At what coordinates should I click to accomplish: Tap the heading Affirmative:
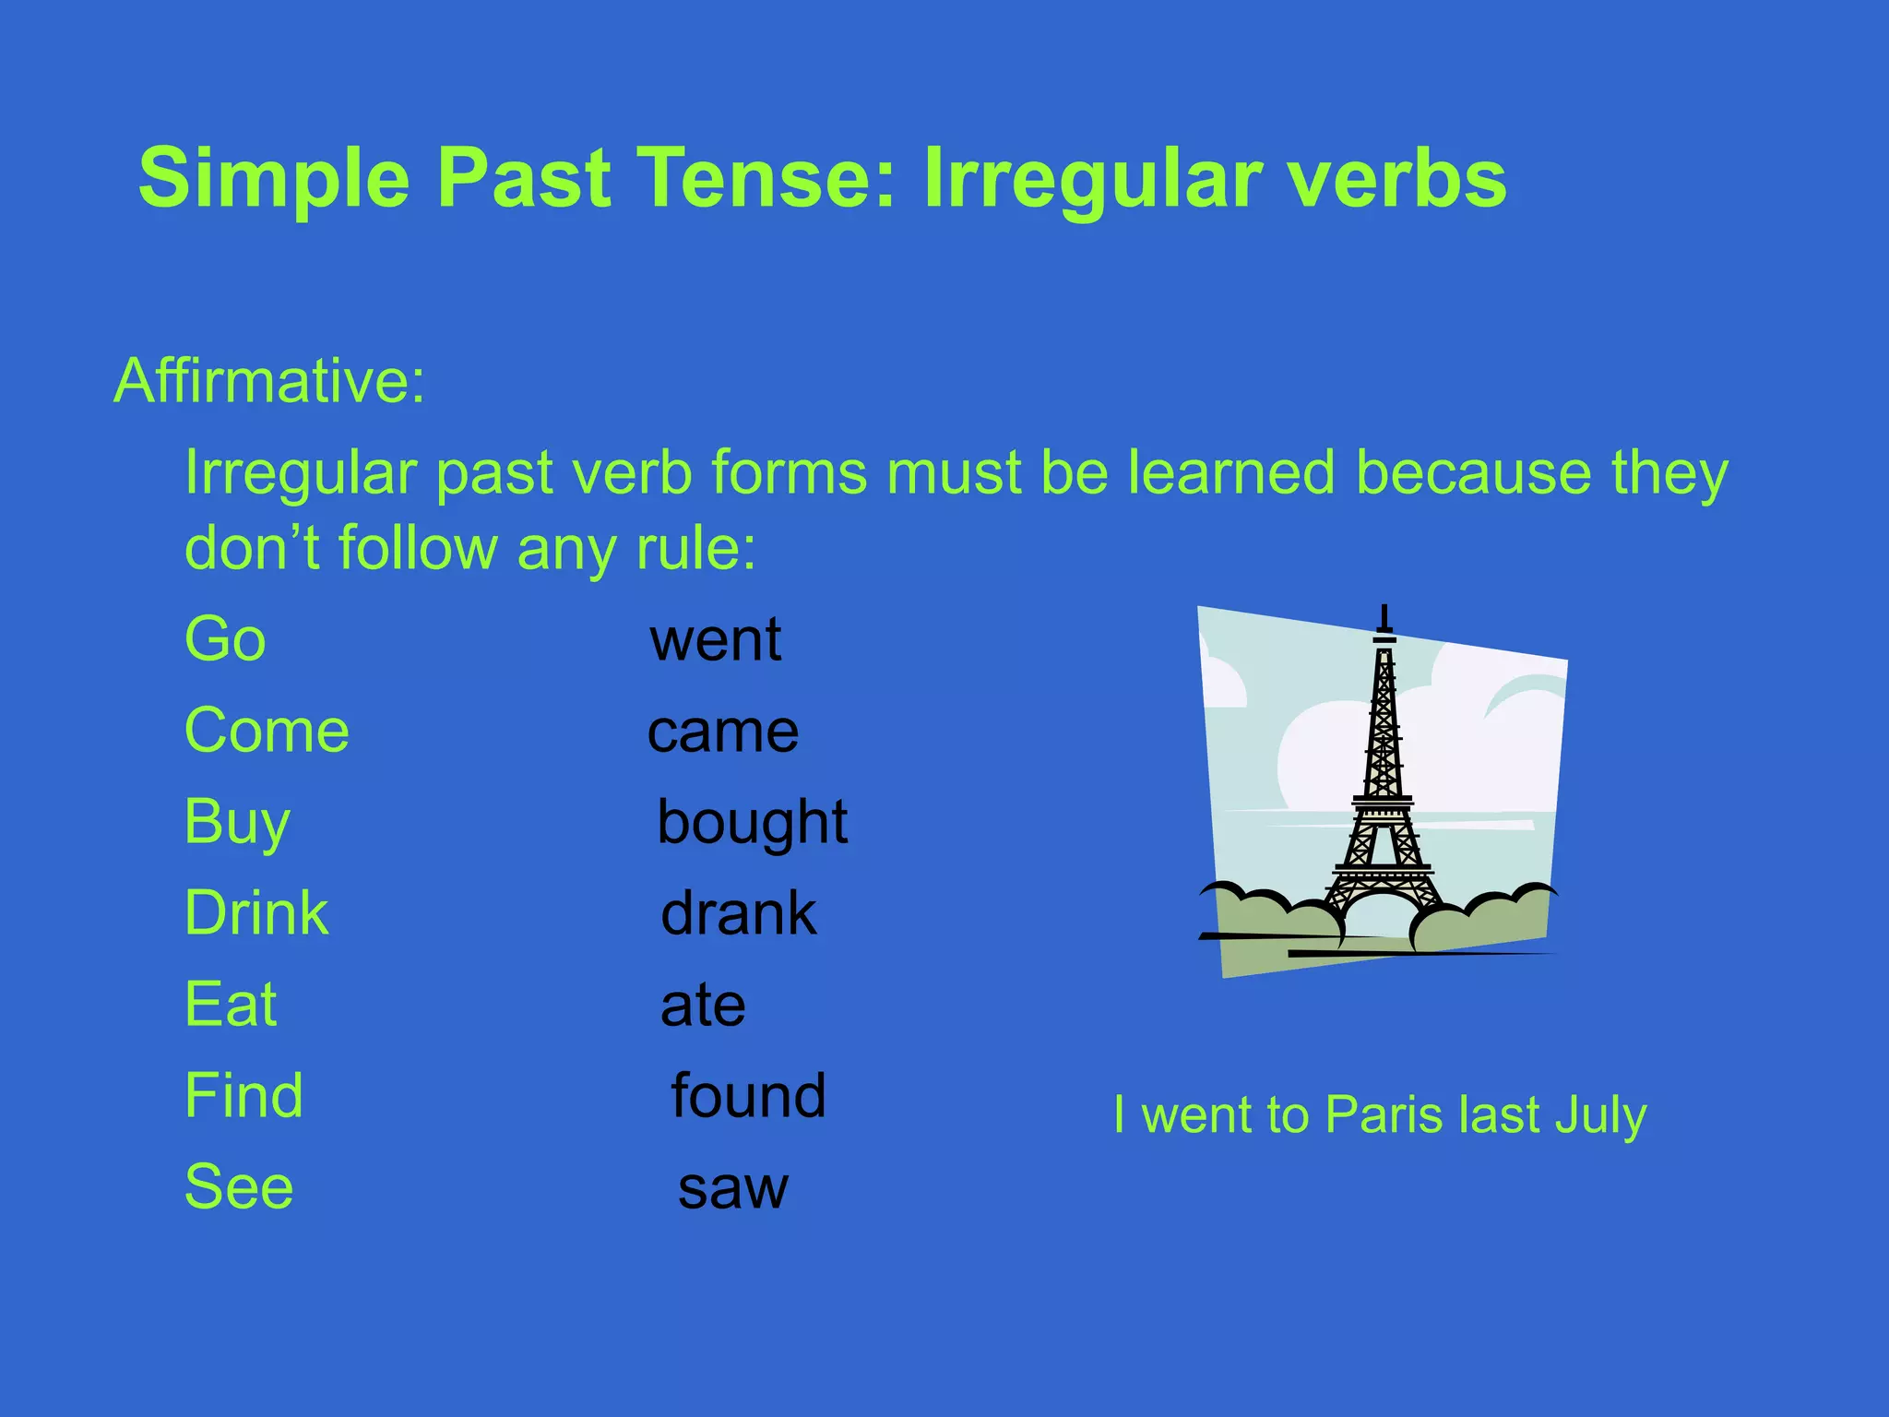pos(269,381)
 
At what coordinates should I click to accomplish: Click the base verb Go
pos(225,638)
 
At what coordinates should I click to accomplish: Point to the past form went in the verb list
pos(716,638)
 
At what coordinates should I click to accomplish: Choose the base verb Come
pos(267,730)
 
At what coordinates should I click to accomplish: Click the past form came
pos(723,732)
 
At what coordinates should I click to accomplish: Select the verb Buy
pos(237,821)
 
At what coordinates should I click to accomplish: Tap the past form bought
pos(752,821)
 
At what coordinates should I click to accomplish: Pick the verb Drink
pos(256,912)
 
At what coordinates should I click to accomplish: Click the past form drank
pos(739,912)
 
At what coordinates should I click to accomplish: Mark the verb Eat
pos(231,1004)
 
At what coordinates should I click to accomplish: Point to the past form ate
pos(703,1005)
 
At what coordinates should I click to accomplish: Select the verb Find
pos(244,1095)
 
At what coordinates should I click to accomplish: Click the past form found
pos(748,1095)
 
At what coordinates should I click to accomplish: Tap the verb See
pos(239,1186)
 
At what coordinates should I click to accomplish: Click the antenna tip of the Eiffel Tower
pos(1384,609)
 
